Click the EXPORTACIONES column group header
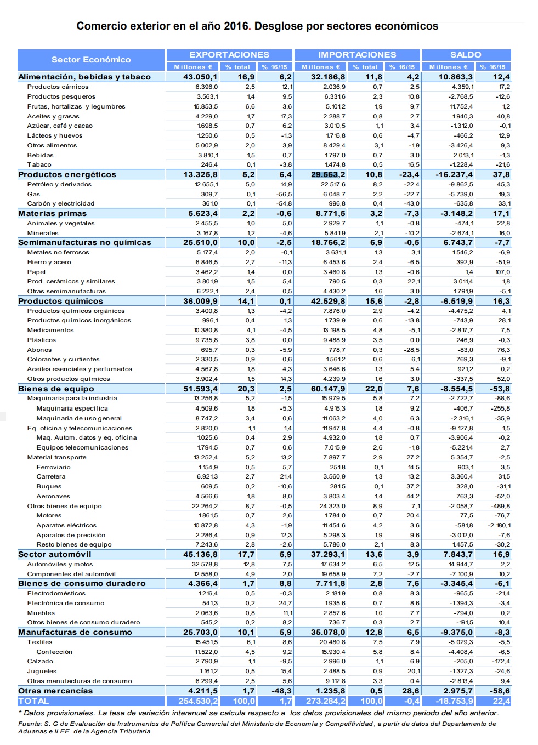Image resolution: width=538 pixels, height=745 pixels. pyautogui.click(x=229, y=55)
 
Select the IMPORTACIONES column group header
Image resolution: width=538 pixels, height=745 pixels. pyautogui.click(x=357, y=55)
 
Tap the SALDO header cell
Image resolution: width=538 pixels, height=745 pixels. pyautogui.click(x=466, y=55)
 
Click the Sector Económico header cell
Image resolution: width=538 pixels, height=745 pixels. pyautogui.click(x=91, y=60)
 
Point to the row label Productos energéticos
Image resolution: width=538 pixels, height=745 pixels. pyautogui.click(x=67, y=174)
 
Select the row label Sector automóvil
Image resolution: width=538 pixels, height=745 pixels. pyautogui.click(x=55, y=554)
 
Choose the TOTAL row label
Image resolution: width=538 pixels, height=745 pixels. pyautogui.click(x=33, y=701)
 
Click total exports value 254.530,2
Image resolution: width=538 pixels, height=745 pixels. pyautogui.click(x=198, y=701)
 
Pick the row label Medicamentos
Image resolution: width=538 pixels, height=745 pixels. pyautogui.click(x=50, y=330)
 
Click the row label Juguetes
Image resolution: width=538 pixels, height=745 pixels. pyautogui.click(x=42, y=671)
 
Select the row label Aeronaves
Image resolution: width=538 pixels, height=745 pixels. pyautogui.click(x=53, y=496)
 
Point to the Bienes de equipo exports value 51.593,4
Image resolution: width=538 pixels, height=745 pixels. pyautogui.click(x=200, y=389)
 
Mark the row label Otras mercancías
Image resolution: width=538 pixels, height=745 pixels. pyautogui.click(x=55, y=691)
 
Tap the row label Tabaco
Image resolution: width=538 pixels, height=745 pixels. pyautogui.click(x=39, y=164)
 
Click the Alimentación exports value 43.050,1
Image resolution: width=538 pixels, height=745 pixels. pyautogui.click(x=200, y=77)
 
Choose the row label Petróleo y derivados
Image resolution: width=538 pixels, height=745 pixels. pyautogui.click(x=60, y=184)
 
